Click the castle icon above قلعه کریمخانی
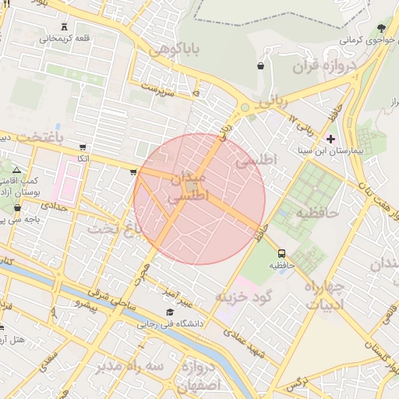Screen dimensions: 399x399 (63, 26)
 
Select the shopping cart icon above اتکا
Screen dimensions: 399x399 (83, 147)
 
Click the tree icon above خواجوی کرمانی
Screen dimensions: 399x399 (380, 28)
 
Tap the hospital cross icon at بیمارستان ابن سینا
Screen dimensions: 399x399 (330, 139)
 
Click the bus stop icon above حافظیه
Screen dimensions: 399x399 (281, 252)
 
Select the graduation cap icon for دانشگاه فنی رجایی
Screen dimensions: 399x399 (170, 312)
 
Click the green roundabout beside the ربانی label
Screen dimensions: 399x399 (245, 108)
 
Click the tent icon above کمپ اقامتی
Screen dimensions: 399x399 (17, 169)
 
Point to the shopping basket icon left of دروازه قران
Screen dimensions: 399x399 (260, 66)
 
